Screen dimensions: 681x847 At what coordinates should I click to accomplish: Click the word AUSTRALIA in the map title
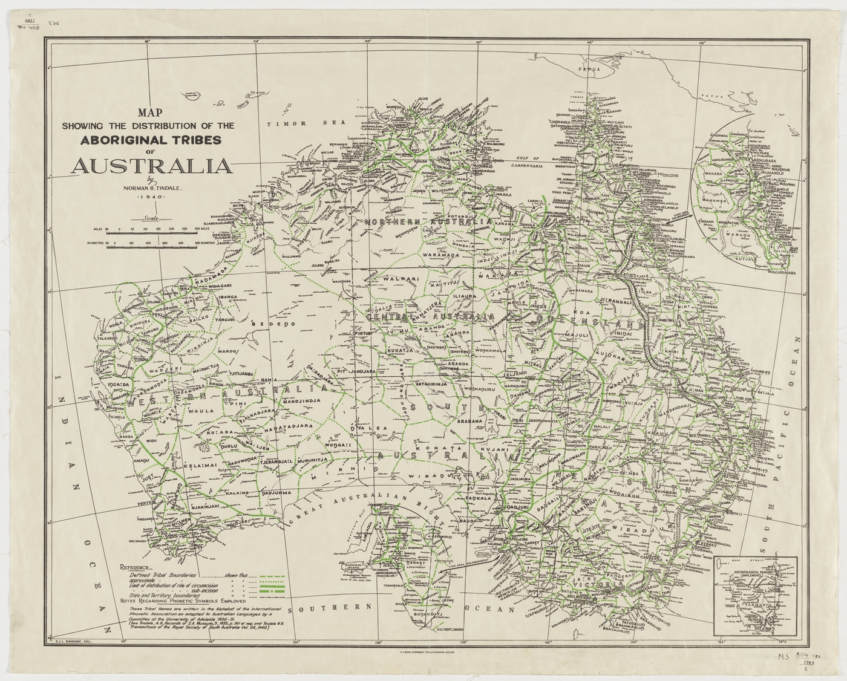click(150, 165)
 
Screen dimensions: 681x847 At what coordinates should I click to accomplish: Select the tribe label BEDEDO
click(277, 324)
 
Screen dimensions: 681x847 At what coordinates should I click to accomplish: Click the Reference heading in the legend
click(140, 568)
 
